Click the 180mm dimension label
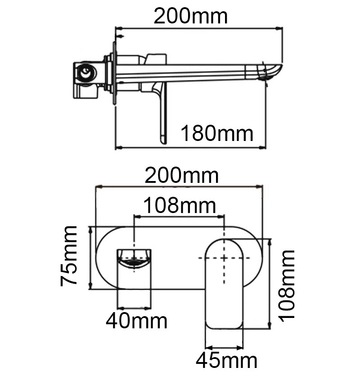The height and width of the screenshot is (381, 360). [x=217, y=134]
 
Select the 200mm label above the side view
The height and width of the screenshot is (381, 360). [x=191, y=17]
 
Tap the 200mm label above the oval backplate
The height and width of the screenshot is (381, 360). [x=182, y=175]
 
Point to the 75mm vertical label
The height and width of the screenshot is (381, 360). [x=69, y=256]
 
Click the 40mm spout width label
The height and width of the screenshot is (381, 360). [x=136, y=321]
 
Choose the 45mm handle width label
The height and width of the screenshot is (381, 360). [x=226, y=361]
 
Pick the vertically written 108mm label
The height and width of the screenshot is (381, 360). [x=287, y=285]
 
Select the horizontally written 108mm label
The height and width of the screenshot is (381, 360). [x=180, y=206]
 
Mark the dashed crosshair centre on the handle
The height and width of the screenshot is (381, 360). [x=224, y=258]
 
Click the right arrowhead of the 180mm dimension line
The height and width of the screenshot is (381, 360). [x=264, y=147]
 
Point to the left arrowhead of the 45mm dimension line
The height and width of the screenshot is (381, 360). [x=207, y=347]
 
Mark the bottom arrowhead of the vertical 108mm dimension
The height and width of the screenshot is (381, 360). [x=269, y=328]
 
